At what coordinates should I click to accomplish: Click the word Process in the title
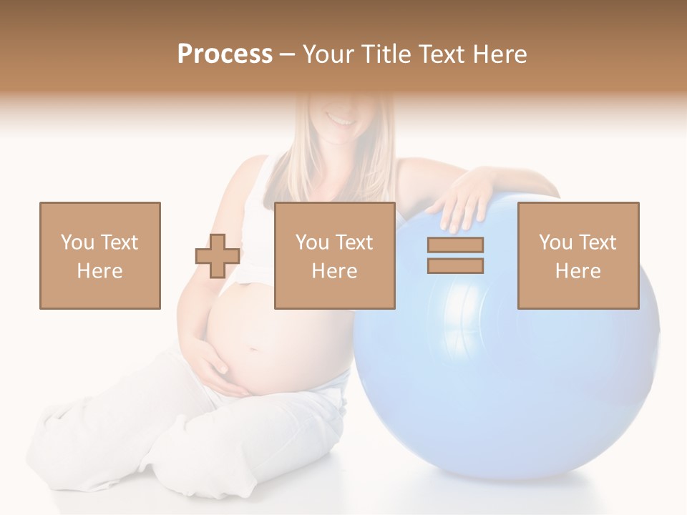[x=225, y=54]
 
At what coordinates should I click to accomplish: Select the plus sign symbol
[x=218, y=255]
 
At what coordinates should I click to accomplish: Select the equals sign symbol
[x=455, y=255]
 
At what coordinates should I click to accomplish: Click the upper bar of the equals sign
[x=455, y=245]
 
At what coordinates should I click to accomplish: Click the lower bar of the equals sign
[x=455, y=265]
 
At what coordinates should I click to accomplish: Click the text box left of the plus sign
[x=100, y=255]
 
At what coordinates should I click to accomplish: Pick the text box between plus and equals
[x=335, y=255]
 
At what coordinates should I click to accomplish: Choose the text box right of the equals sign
[x=578, y=255]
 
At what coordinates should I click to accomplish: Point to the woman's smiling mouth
[x=342, y=119]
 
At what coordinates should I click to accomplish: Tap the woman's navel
[x=251, y=350]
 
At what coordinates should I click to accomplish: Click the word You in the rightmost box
[x=555, y=242]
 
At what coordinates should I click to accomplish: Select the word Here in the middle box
[x=335, y=271]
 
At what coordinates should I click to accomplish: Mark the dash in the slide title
[x=287, y=54]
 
